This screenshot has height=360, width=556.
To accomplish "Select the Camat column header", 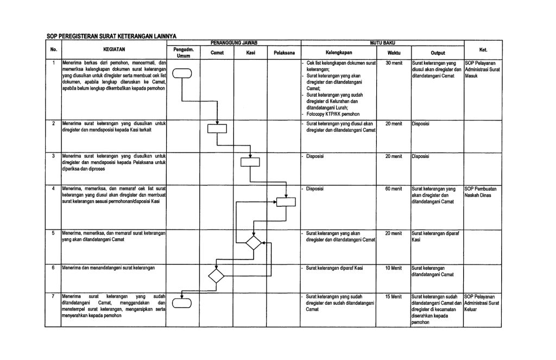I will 217,53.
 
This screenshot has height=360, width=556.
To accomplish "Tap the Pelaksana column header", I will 284,53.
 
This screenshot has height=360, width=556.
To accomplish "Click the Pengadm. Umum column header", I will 183,53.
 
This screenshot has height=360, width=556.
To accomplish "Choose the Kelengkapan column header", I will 340,53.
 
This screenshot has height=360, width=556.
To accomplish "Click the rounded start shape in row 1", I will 183,73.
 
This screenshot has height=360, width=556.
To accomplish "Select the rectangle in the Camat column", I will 217,128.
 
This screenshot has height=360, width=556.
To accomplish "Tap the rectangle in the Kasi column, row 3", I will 250,161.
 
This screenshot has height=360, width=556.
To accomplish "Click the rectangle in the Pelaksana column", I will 285,201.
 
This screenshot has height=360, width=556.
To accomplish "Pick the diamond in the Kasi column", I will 254,243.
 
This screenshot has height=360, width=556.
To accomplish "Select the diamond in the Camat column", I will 216,275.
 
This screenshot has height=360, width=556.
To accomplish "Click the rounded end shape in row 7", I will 182,303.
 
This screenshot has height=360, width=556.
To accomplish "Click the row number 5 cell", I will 53,232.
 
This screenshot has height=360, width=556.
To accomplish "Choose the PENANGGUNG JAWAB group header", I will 233,42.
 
